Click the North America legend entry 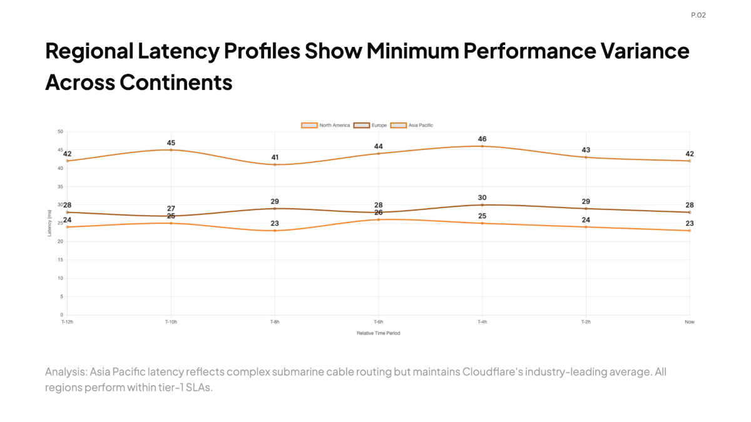[325, 125]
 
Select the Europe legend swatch [362, 125]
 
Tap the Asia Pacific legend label [421, 125]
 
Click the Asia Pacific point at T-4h [482, 146]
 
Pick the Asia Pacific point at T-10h [171, 150]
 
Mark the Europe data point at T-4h [482, 205]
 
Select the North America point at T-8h [275, 231]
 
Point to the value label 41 [275, 158]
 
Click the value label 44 [379, 146]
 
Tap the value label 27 [171, 208]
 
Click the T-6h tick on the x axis [379, 322]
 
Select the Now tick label [690, 322]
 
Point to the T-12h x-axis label [68, 322]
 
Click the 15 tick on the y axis [60, 260]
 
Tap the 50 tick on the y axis [60, 132]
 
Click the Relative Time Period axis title [379, 333]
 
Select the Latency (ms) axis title [49, 223]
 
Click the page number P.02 [698, 15]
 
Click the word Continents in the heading [176, 83]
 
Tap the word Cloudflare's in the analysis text [493, 372]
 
